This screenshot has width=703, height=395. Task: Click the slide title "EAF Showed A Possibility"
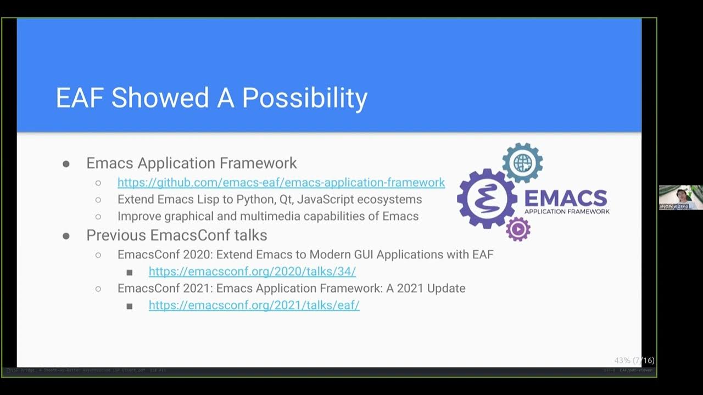pyautogui.click(x=211, y=98)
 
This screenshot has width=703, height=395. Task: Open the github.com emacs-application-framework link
pyautogui.click(x=281, y=182)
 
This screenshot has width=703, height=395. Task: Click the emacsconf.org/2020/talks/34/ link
pyautogui.click(x=252, y=271)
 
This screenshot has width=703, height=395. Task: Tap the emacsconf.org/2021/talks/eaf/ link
pyautogui.click(x=254, y=305)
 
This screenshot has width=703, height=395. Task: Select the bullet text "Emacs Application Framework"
pyautogui.click(x=191, y=163)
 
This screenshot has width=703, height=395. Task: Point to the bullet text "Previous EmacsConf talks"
pyautogui.click(x=176, y=235)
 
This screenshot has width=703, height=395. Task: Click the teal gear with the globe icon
pyautogui.click(x=522, y=162)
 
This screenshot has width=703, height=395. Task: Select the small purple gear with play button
pyautogui.click(x=518, y=229)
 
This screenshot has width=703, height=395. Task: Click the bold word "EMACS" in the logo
pyautogui.click(x=566, y=198)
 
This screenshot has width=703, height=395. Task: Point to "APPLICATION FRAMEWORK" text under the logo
pyautogui.click(x=567, y=211)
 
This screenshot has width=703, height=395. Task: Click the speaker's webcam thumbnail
pyautogui.click(x=680, y=198)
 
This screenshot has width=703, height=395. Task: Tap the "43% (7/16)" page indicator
pyautogui.click(x=634, y=360)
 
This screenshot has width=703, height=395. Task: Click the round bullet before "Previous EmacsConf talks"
pyautogui.click(x=66, y=236)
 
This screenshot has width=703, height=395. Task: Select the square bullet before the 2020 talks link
pyautogui.click(x=130, y=272)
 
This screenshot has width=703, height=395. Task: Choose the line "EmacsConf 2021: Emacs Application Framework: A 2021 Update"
pyautogui.click(x=291, y=288)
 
